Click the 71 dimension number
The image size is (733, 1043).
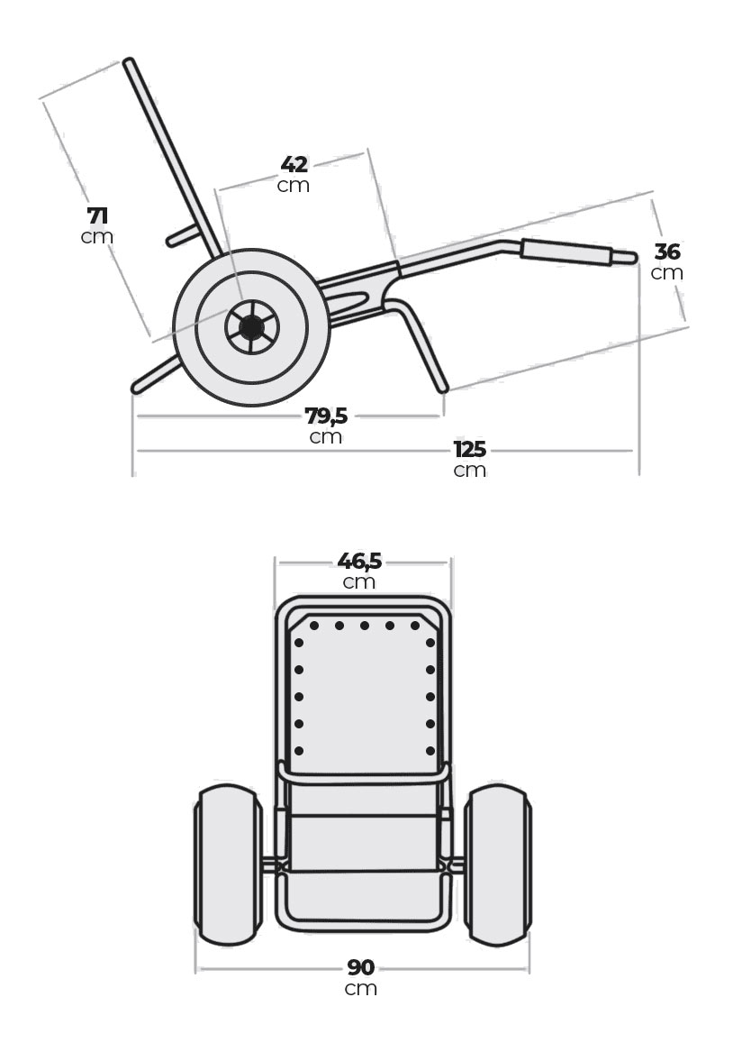click(98, 216)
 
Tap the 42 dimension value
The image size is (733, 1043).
click(294, 165)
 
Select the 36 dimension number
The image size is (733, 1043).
click(667, 252)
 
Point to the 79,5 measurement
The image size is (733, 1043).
click(326, 416)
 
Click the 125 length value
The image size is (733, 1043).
click(470, 449)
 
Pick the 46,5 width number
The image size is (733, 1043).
click(359, 561)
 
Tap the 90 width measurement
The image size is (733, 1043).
click(361, 967)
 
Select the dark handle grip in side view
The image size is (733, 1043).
click(567, 252)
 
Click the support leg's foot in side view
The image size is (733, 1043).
click(442, 389)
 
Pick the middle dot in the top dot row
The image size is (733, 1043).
click(365, 626)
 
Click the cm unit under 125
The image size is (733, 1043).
click(470, 470)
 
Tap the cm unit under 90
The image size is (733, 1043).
click(361, 988)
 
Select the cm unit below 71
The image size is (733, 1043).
click(97, 237)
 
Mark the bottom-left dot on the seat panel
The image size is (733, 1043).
click(299, 750)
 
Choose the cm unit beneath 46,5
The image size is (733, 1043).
click(359, 581)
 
